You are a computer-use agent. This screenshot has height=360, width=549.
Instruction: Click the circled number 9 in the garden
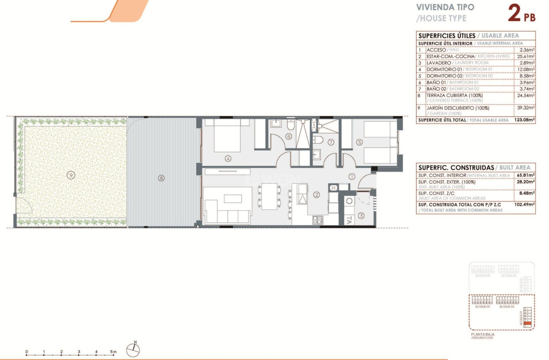tap(71, 176)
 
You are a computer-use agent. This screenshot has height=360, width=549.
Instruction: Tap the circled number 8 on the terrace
tap(161, 178)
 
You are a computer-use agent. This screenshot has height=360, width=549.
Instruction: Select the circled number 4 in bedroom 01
tap(228, 159)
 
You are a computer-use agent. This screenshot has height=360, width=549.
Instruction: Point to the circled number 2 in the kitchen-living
tap(317, 195)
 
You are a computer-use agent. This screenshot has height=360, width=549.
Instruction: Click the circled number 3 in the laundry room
tap(362, 216)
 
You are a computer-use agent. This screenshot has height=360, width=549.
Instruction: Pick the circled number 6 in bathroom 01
tap(288, 136)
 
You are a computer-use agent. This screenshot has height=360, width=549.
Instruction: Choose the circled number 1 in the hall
tap(352, 176)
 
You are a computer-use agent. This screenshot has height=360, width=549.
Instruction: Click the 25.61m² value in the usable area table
tap(526, 56)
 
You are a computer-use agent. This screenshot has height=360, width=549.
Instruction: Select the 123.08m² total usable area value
tap(524, 120)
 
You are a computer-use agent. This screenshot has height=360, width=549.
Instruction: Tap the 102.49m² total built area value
tap(524, 205)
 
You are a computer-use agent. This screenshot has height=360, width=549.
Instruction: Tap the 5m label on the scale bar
tap(114, 352)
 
